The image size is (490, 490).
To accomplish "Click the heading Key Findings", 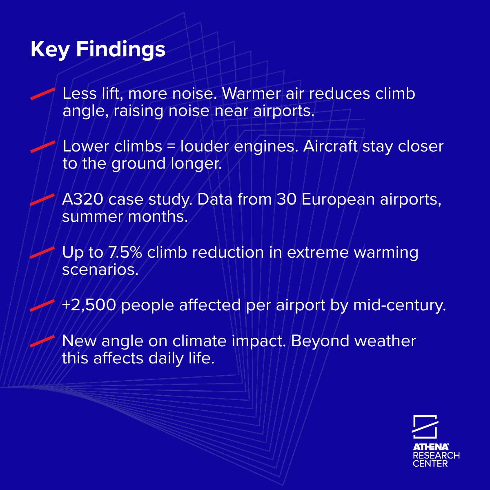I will coord(98,50).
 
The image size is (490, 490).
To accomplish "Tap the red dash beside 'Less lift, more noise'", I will coord(42,94).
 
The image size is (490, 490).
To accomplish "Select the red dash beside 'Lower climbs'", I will coord(42,147).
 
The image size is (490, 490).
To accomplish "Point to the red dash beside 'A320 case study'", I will coord(42,200).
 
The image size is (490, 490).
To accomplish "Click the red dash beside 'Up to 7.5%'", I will coord(42,253).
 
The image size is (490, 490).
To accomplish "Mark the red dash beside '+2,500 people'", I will coord(42,305).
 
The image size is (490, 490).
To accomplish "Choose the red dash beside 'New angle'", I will coord(42,341).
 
